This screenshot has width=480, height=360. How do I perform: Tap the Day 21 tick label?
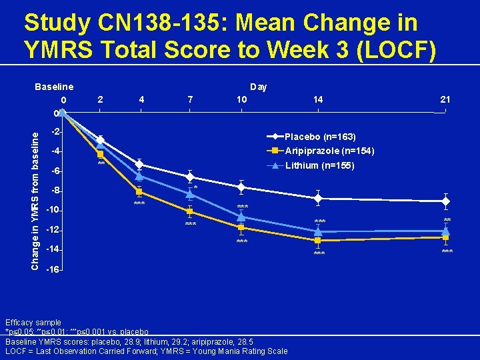tap(445, 99)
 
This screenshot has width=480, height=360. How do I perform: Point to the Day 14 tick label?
tap(318, 99)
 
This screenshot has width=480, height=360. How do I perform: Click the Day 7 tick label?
tap(191, 99)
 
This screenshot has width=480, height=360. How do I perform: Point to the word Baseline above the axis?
tap(54, 87)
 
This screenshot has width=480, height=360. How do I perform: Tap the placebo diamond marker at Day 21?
tap(445, 201)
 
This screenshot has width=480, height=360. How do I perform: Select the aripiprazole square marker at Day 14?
tap(318, 240)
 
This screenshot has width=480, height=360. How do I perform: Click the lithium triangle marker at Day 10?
tap(241, 217)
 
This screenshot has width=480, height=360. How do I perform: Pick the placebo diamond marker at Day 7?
tap(190, 177)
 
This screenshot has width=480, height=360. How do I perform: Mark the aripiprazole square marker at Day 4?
tap(139, 192)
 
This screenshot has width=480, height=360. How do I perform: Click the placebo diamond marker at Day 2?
tap(100, 141)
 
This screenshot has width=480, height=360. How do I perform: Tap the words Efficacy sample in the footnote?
tap(33, 323)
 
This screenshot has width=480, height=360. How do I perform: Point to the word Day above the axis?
tap(258, 87)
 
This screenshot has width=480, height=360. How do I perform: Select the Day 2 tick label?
tap(100, 99)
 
